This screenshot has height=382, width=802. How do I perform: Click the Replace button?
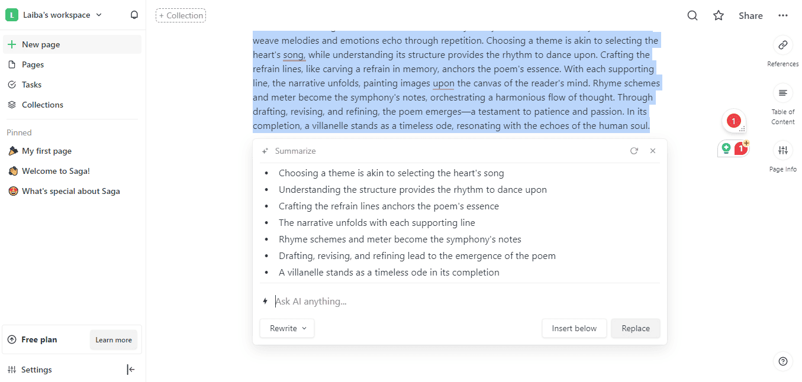636,328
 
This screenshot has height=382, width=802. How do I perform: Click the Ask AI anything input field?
462,302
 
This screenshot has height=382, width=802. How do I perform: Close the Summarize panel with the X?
653,151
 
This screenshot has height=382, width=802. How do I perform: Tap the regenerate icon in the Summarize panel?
634,151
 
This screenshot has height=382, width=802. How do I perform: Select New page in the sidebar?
41,44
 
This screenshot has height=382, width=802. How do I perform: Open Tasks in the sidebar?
31,85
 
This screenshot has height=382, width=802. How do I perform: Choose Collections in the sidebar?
42,105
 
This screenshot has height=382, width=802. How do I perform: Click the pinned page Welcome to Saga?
56,171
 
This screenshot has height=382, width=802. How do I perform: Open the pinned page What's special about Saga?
70,191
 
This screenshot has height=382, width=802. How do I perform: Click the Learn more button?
114,340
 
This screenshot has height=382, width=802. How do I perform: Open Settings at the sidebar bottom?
36,370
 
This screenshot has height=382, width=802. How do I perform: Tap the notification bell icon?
134,15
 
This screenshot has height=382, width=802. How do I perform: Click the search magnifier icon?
693,15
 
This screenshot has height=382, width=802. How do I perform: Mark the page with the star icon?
719,15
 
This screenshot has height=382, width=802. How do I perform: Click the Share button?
751,15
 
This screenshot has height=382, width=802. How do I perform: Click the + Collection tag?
181,15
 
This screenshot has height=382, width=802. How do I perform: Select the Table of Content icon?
783,93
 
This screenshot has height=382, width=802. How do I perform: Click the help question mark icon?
783,361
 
